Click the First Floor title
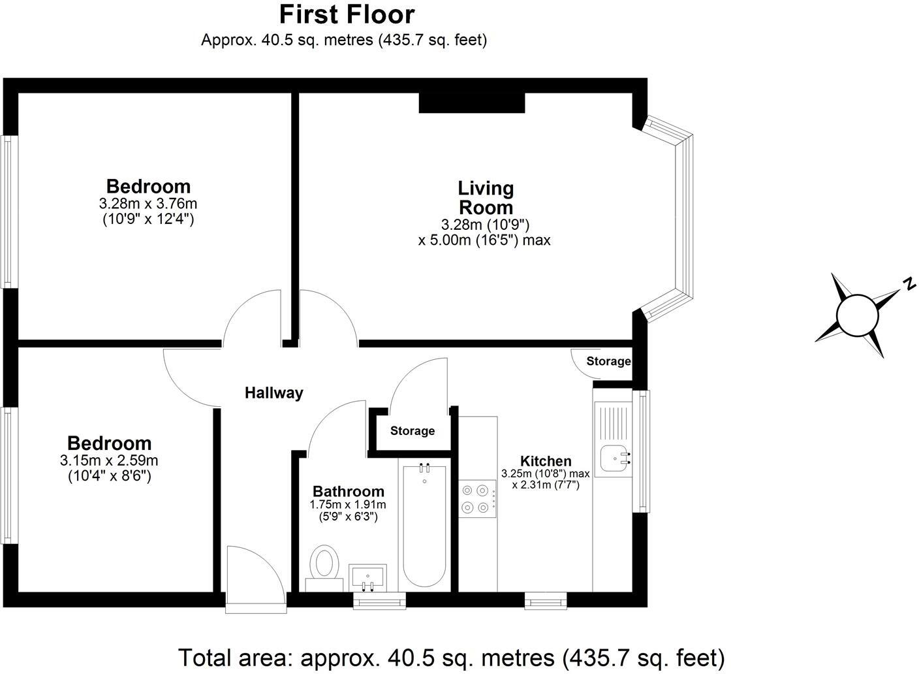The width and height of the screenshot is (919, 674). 347,14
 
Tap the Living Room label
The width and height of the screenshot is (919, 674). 486,198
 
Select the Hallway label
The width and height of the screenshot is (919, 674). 273,393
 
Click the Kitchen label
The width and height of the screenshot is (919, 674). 546,461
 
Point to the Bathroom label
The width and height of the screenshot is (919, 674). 348,492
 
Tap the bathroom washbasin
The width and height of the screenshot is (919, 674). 367,577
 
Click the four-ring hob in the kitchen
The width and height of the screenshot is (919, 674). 475,498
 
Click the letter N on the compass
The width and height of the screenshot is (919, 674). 908,284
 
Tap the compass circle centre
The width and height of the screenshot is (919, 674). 858,315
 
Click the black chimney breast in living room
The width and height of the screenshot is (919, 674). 471,103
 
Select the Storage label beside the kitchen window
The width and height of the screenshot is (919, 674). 608,361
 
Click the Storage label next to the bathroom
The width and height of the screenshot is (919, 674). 413,431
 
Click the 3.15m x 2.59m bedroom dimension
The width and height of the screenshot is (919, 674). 109,460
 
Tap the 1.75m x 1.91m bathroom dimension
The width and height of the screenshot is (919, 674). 348,505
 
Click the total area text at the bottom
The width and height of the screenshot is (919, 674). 451,657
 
